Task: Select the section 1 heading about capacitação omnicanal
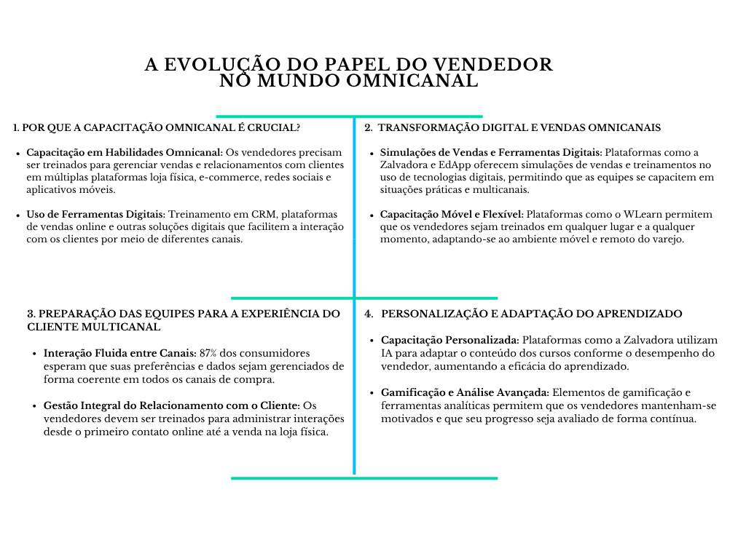pos(157,127)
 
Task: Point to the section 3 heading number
pos(31,314)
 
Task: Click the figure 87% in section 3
pos(210,353)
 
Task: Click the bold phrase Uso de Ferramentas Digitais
pos(96,214)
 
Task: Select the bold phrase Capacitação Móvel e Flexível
pos(452,214)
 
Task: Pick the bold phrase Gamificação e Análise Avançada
pos(466,392)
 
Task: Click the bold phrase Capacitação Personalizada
pos(450,340)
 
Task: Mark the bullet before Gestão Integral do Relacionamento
pos(36,405)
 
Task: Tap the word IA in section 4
pos(388,353)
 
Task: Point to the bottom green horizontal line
pos(364,478)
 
